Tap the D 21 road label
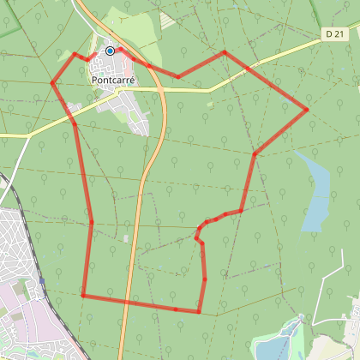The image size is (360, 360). click(336, 33)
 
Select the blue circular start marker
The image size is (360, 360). click(110, 51)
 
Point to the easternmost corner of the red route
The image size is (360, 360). click(307, 110)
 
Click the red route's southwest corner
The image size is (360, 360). click(82, 296)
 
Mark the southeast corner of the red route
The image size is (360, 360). click(199, 312)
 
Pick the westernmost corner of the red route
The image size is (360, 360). click(52, 83)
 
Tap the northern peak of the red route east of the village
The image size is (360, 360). click(225, 52)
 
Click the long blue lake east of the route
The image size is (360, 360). click(315, 193)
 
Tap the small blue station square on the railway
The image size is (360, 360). click(41, 279)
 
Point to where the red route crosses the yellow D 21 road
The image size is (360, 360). click(248, 67)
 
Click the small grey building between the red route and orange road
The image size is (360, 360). click(126, 237)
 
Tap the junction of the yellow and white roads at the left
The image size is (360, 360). click(29, 135)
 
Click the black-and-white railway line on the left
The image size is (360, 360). click(13, 197)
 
